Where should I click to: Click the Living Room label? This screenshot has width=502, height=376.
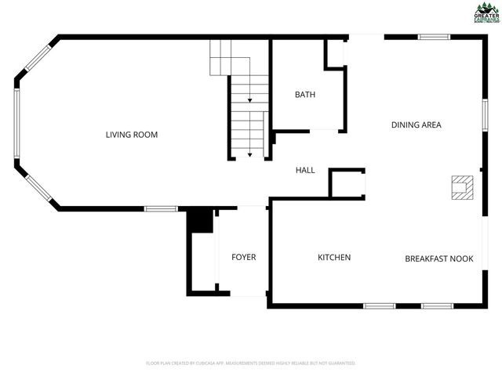[132, 135]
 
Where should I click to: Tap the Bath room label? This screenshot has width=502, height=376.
[305, 95]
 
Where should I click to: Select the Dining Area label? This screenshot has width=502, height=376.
[417, 125]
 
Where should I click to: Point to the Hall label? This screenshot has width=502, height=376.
[305, 170]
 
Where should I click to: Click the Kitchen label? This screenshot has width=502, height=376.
[334, 258]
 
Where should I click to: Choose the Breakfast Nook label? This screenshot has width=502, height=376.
[438, 258]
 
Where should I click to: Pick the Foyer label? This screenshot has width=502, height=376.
[243, 257]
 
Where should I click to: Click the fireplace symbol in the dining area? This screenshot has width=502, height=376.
[462, 188]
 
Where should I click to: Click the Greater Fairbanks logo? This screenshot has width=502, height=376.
[486, 13]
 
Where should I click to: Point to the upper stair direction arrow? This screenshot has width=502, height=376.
[249, 99]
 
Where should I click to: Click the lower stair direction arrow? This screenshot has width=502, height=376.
[249, 154]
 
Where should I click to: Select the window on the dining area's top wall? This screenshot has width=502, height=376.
[433, 37]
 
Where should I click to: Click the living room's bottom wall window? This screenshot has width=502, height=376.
[161, 208]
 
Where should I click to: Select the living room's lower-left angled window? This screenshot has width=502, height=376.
[37, 187]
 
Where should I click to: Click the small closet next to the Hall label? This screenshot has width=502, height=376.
[347, 183]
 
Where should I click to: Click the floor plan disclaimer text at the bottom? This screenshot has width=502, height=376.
[251, 363]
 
